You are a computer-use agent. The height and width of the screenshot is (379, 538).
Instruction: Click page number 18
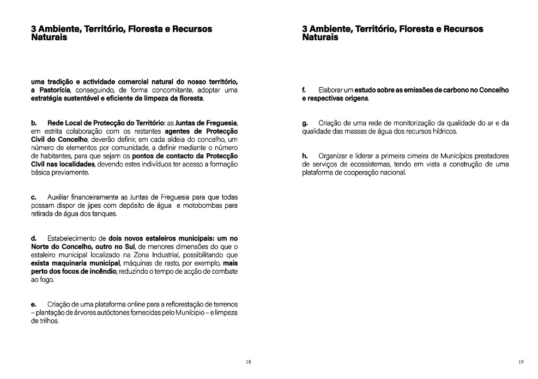coord(248,362)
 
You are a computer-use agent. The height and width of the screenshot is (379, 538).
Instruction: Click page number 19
coord(521,362)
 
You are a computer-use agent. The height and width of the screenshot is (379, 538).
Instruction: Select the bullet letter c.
coord(34,197)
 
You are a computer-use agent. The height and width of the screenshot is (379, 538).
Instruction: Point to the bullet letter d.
coord(34,238)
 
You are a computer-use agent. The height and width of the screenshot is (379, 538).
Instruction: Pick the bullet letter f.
coord(304,89)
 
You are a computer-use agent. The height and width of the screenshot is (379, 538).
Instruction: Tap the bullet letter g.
coord(305,123)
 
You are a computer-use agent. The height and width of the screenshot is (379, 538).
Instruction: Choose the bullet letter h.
coord(305,156)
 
